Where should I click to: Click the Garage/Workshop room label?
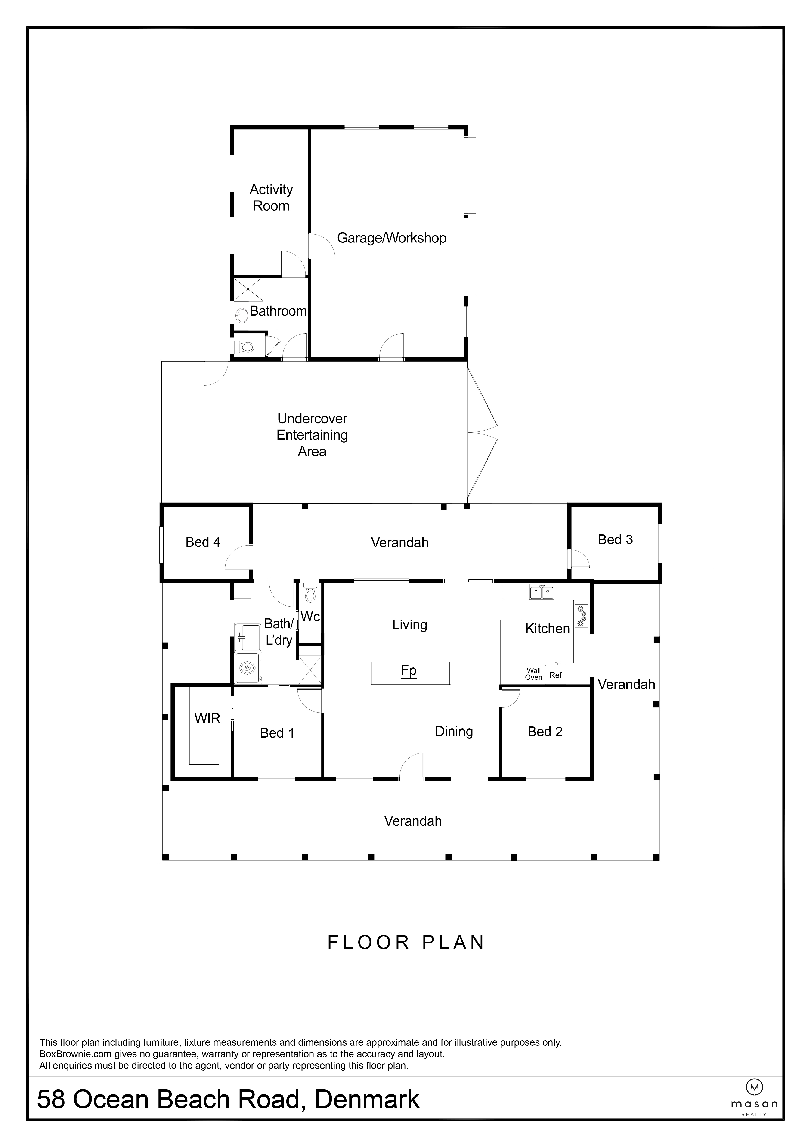[392, 238]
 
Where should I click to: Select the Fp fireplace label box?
[409, 670]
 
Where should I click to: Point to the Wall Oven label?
[533, 674]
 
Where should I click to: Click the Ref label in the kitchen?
[555, 675]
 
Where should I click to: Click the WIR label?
[207, 718]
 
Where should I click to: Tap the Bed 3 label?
[615, 539]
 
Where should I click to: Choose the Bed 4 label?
[203, 542]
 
